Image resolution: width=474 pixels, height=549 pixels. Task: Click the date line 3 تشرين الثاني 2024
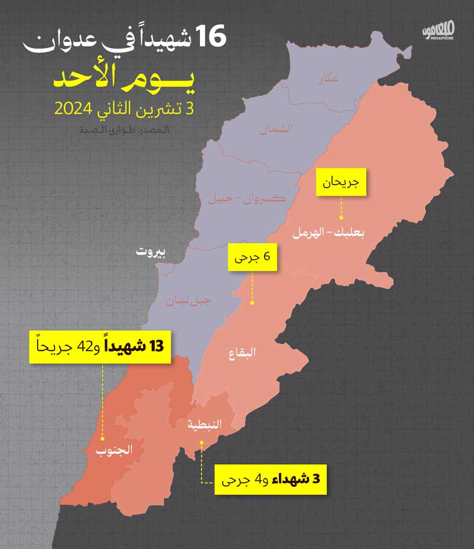pos(125,108)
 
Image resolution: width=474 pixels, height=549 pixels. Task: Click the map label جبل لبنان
pos(189,301)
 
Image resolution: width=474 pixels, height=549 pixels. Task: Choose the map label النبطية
pos(204,425)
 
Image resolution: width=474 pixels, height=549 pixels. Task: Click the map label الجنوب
pos(114,450)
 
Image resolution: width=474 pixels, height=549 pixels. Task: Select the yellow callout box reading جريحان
pos(340,183)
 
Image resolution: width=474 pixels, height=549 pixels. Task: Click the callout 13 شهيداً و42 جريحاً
pos(100,347)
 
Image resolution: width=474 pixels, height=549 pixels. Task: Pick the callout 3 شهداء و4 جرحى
pos(272,481)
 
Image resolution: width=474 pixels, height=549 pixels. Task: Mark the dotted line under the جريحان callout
pos(340,208)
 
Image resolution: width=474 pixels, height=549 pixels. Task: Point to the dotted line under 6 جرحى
pos(252,288)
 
